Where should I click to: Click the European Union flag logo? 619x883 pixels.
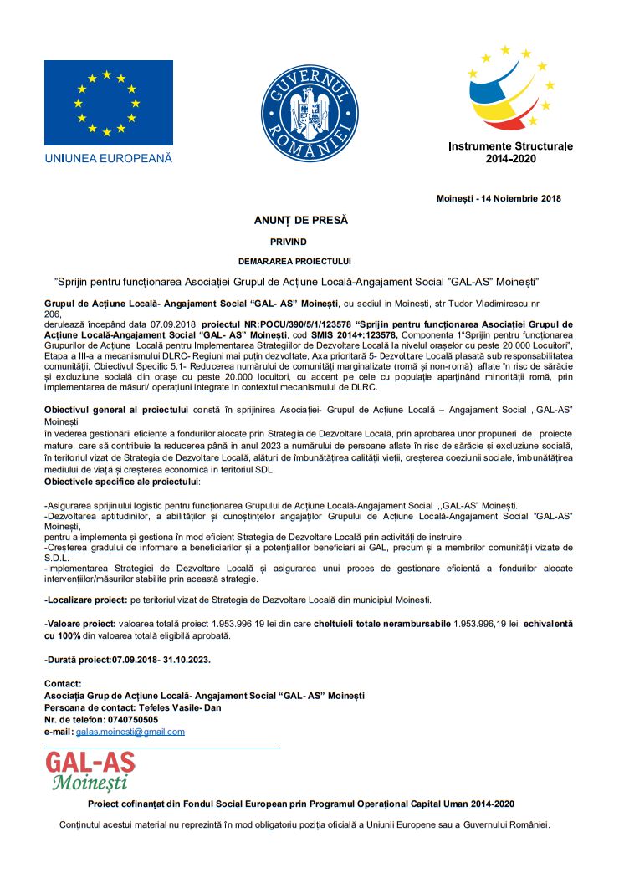(x=108, y=104)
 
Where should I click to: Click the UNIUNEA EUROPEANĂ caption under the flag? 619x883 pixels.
(x=108, y=157)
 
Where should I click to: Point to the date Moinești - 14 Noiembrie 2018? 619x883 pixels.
(x=499, y=199)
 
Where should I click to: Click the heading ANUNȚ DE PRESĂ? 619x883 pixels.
(x=300, y=221)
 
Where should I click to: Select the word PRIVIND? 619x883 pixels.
(x=300, y=241)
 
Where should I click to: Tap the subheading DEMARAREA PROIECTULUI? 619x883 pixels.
(x=300, y=261)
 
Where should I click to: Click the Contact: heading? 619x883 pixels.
(x=63, y=684)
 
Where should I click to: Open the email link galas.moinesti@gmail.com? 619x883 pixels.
(x=130, y=732)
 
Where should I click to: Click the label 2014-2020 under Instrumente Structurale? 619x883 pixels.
(x=510, y=159)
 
